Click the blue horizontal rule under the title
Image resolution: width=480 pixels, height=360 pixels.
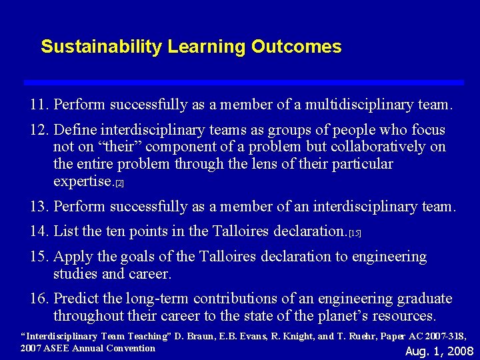243,82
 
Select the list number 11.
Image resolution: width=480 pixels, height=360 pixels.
39,105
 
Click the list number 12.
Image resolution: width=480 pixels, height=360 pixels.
39,129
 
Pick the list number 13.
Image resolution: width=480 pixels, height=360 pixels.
39,207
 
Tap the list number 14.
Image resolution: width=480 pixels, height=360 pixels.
39,231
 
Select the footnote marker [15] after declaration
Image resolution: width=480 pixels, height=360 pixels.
355,233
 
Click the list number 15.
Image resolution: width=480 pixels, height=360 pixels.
39,257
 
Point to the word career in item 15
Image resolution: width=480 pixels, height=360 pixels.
150,273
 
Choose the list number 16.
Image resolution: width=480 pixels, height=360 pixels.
39,299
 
